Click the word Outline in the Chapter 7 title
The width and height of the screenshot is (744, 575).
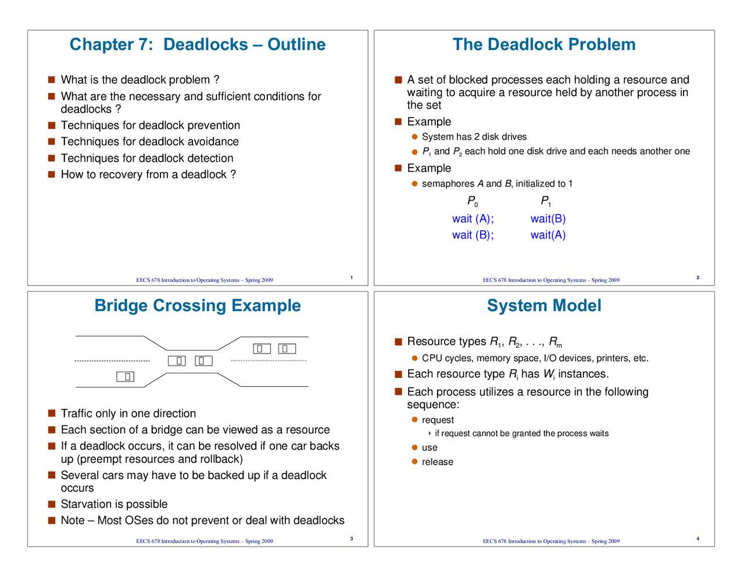[296, 45]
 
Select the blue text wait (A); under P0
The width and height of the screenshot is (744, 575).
[473, 219]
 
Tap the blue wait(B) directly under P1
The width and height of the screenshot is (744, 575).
[548, 219]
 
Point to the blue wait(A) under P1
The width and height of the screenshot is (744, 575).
[548, 235]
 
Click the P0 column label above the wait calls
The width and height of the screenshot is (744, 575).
[473, 201]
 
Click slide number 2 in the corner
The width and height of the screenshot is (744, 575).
[697, 278]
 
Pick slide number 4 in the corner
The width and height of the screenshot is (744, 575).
[697, 539]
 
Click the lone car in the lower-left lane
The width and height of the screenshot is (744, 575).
[126, 377]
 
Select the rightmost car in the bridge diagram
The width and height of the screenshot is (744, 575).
[287, 349]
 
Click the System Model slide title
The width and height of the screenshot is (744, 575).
[544, 306]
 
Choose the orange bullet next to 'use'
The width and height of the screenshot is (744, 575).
[415, 448]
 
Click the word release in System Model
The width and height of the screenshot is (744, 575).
[437, 462]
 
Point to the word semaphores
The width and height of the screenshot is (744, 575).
[448, 184]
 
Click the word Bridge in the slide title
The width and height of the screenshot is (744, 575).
[121, 306]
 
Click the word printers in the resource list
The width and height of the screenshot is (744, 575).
[595, 359]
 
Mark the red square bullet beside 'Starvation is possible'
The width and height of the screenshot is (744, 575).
[52, 504]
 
